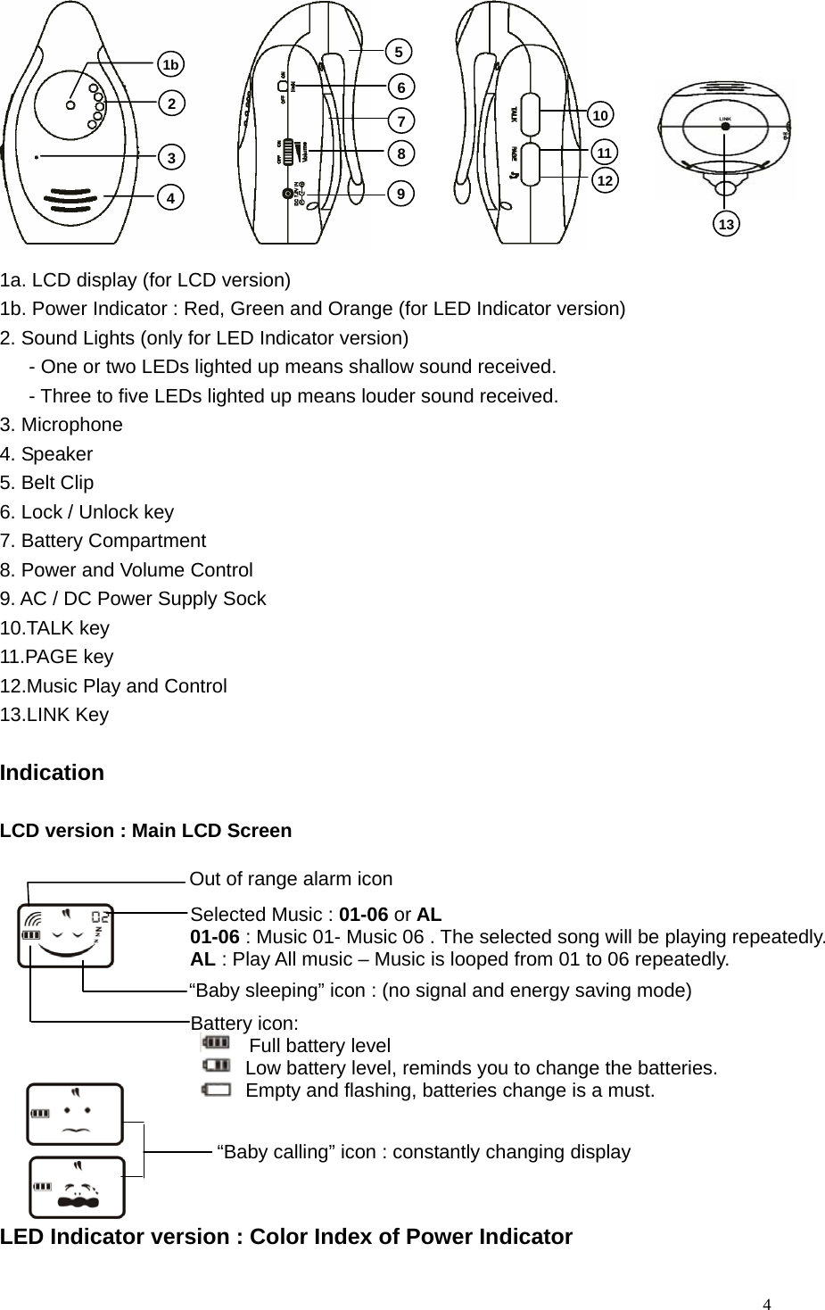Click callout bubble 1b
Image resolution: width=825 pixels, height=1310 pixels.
click(x=170, y=64)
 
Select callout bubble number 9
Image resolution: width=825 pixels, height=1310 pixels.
click(x=402, y=193)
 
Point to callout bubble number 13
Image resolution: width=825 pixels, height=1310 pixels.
click(x=727, y=224)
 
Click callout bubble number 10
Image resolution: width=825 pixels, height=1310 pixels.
click(x=601, y=115)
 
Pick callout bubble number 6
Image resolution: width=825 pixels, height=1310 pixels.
click(x=402, y=87)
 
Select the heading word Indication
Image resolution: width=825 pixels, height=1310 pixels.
click(x=53, y=773)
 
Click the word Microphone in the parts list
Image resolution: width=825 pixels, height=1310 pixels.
click(x=72, y=425)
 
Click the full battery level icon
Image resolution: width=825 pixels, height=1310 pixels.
click(x=215, y=1042)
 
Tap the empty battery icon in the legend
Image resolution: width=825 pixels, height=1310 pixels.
click(x=215, y=1089)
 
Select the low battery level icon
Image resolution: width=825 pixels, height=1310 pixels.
click(x=215, y=1065)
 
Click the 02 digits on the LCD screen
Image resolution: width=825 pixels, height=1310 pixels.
click(x=102, y=917)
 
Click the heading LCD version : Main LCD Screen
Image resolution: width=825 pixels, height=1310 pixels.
click(x=146, y=831)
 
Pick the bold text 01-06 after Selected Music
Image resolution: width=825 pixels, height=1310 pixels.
click(x=363, y=915)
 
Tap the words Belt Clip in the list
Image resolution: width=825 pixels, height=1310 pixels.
click(x=57, y=483)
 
